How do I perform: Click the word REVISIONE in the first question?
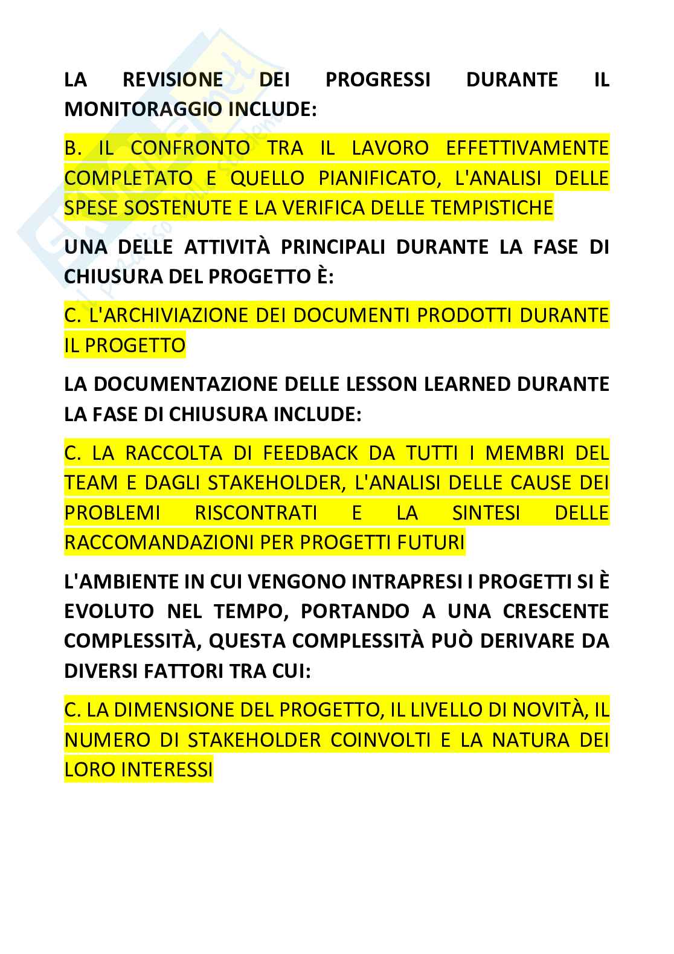pos(172,80)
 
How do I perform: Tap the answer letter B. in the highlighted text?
pos(72,148)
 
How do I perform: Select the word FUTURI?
pos(432,543)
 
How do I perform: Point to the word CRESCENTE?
pos(556,611)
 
